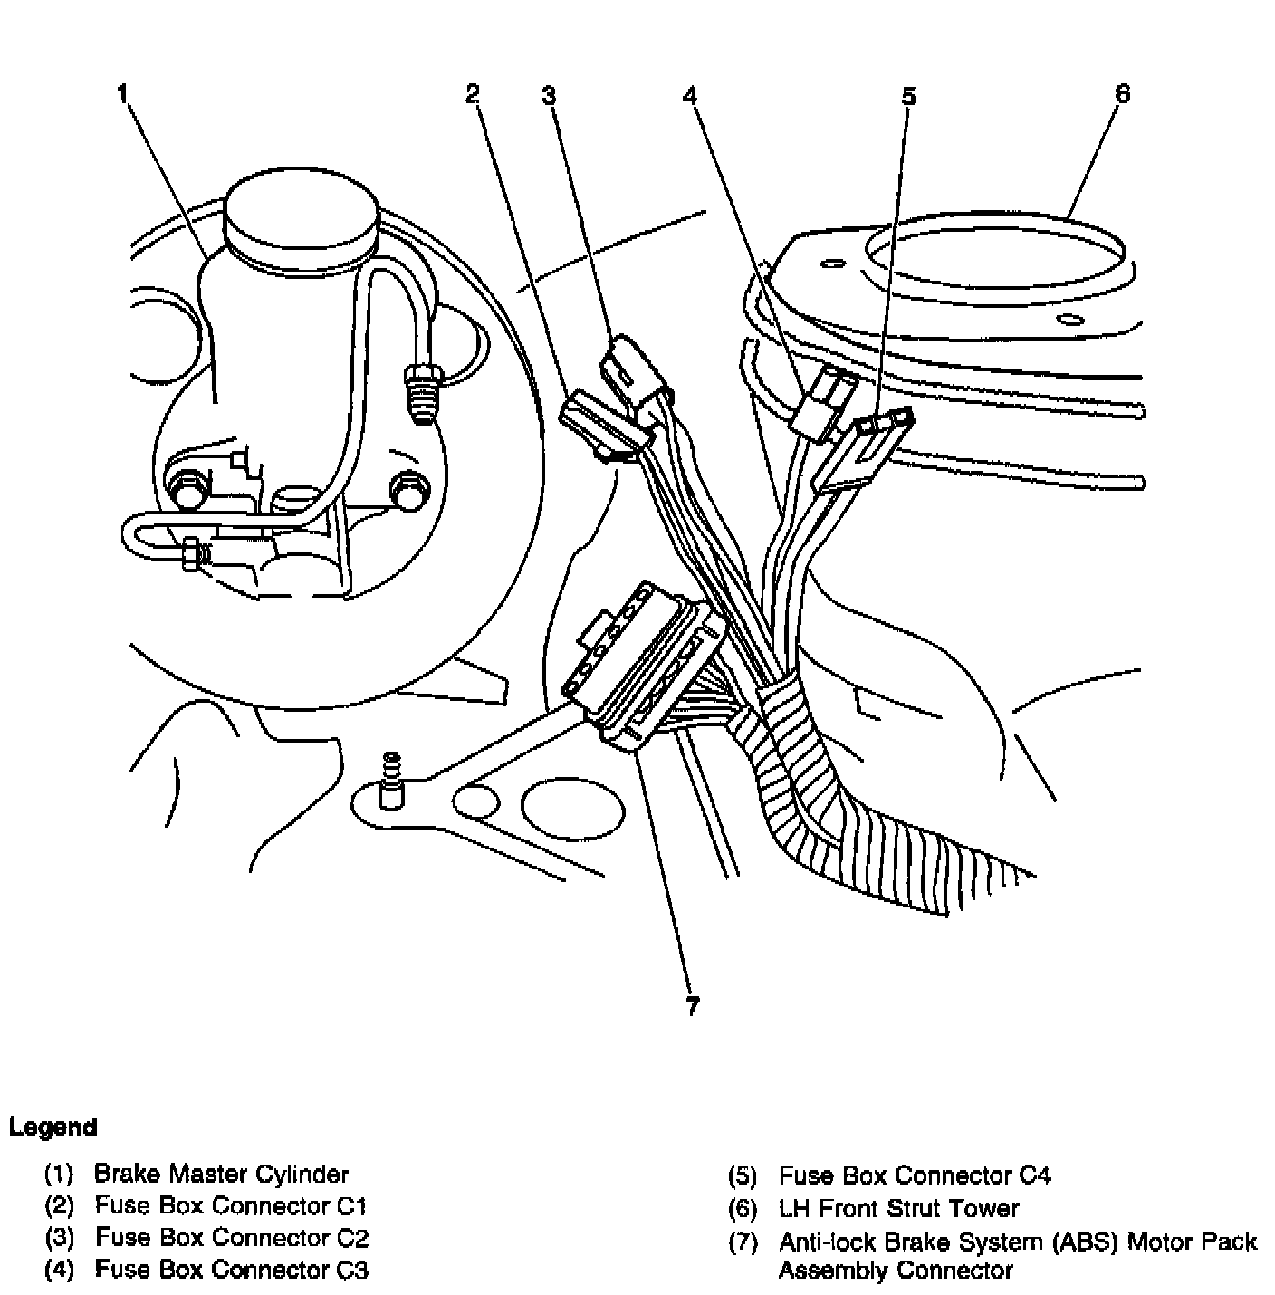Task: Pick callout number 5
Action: coord(908,96)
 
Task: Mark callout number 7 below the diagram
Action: coord(693,1005)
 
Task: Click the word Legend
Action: coord(53,1127)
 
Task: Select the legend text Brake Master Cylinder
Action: coord(221,1175)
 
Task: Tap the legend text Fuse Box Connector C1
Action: coord(231,1205)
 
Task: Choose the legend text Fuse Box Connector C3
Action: coord(232,1270)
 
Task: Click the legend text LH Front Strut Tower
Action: coord(898,1208)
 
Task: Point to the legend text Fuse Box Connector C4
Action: coord(915,1175)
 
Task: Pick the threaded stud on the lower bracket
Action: coord(391,779)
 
